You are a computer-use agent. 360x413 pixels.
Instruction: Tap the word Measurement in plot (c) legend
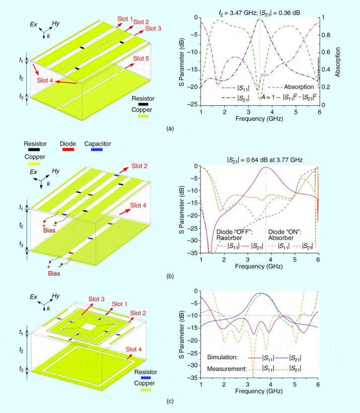click(226, 368)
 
